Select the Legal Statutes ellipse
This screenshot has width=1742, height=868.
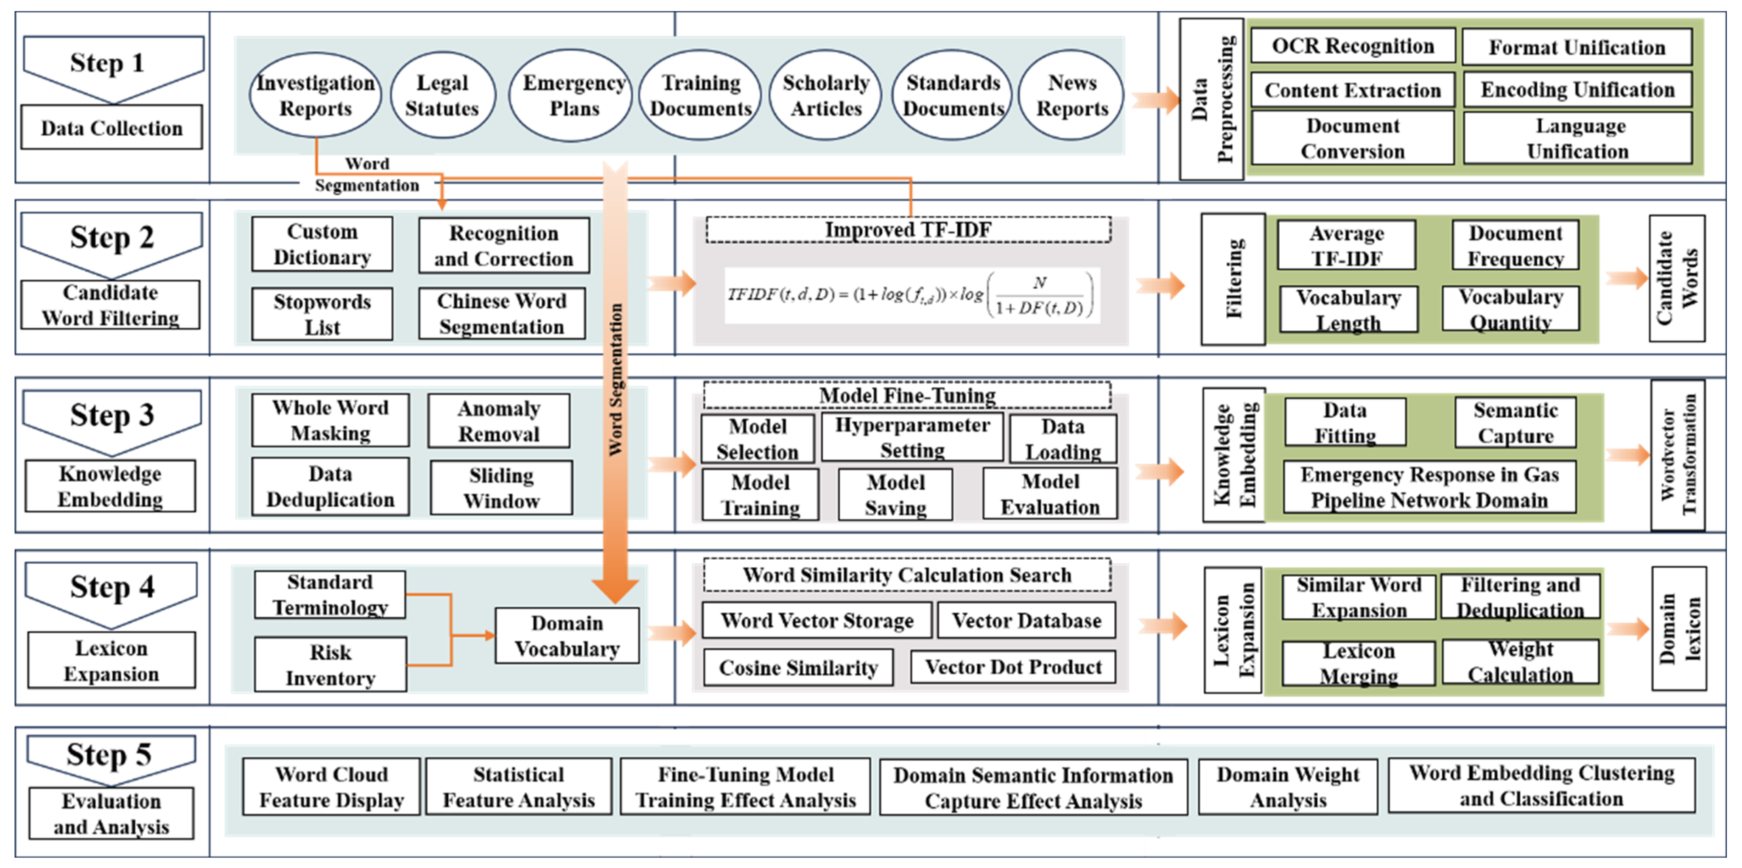[x=442, y=96]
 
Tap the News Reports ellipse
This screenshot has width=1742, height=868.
[x=1072, y=96]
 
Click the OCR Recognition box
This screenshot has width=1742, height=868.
[x=1353, y=46]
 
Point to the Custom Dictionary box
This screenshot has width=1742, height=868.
[x=322, y=245]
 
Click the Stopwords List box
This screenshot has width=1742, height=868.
[x=322, y=314]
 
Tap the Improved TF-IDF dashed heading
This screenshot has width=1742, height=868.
[x=908, y=230]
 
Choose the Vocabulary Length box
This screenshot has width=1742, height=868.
[x=1348, y=310]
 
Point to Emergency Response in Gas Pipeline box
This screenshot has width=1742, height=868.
[x=1429, y=487]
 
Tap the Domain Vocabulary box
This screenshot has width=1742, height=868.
[x=567, y=636]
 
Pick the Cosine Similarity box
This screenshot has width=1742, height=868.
[x=798, y=668]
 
